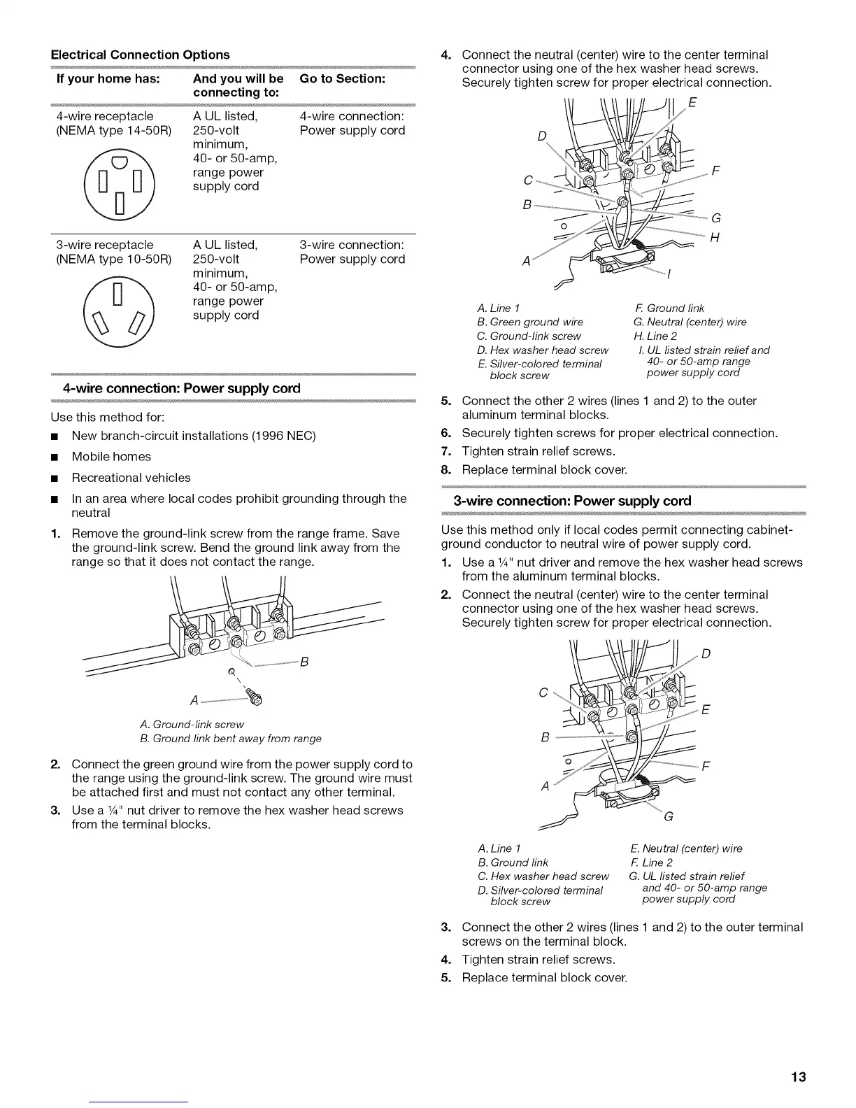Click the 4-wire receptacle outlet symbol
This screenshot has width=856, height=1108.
(120, 183)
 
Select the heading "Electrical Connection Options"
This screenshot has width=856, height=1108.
(140, 55)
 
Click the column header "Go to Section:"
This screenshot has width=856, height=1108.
(342, 79)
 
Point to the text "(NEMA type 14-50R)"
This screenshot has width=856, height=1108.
(113, 131)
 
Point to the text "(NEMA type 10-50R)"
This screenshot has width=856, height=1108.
(113, 260)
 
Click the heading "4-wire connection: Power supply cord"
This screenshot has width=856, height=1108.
(181, 388)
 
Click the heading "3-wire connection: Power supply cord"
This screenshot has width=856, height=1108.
(572, 501)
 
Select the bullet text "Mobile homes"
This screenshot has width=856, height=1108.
(111, 457)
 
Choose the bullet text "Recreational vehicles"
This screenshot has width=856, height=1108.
(131, 478)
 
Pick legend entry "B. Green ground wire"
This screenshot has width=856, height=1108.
(529, 322)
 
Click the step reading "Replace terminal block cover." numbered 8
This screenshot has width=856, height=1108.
(544, 470)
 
